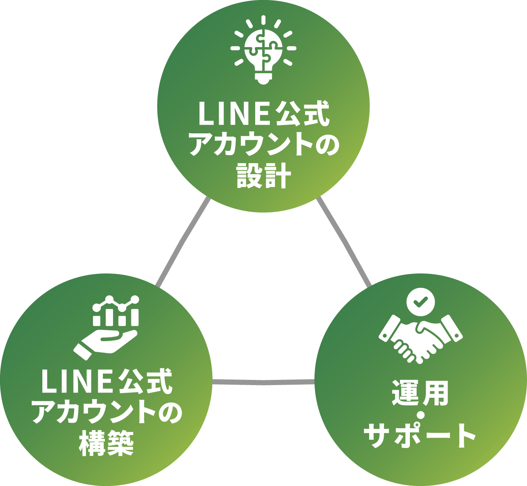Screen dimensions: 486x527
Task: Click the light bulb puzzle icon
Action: (263, 49)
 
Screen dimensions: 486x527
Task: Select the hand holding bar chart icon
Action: (107, 327)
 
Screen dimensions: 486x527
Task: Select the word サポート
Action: (420, 435)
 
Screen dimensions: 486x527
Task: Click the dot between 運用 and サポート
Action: (420, 414)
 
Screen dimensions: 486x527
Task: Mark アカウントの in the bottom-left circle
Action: (106, 412)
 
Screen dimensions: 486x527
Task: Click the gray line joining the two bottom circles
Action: (263, 382)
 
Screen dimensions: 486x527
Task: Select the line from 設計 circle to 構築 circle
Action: (183, 241)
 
